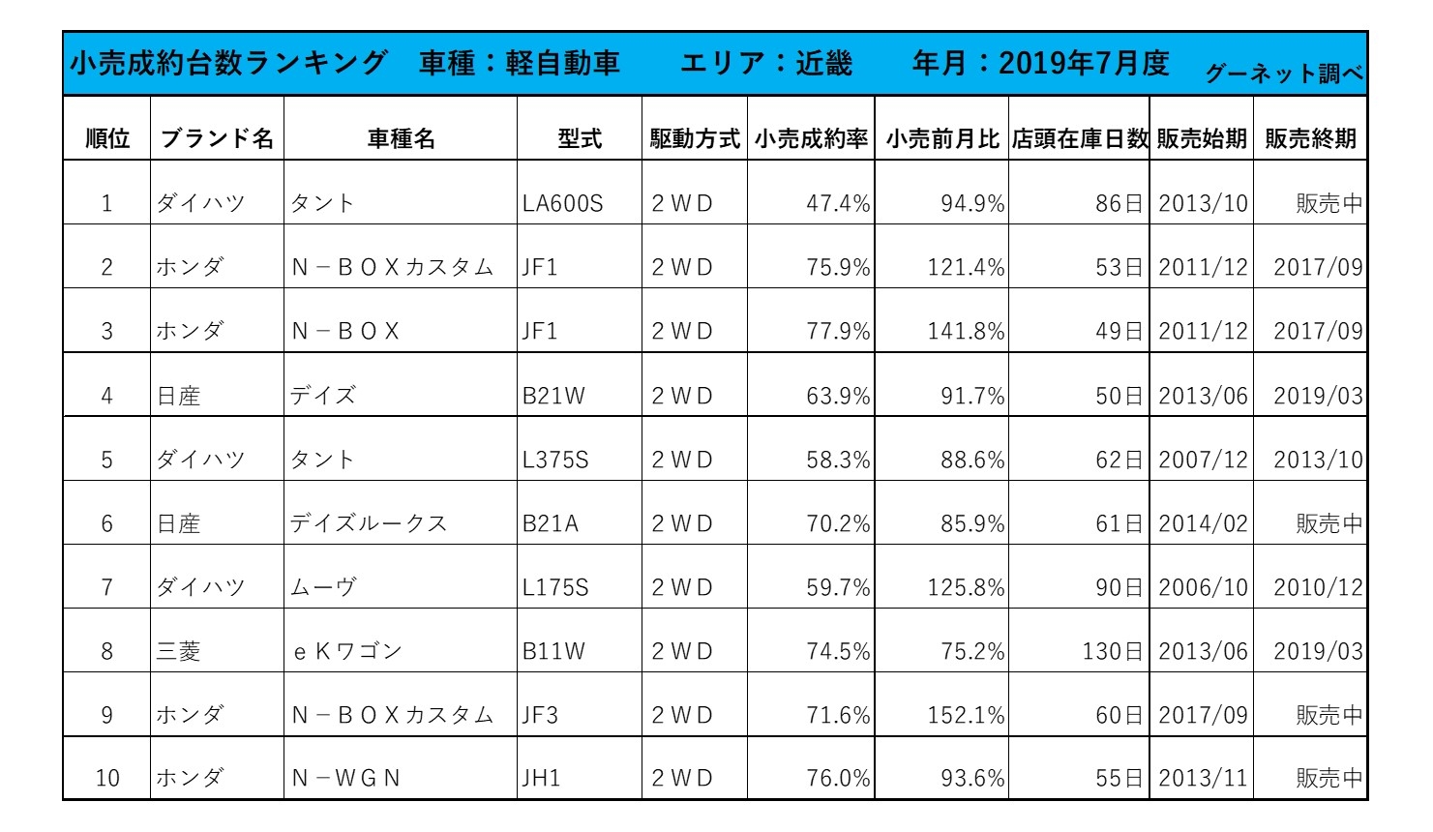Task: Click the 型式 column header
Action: click(x=580, y=139)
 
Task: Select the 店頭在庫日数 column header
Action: click(x=1079, y=139)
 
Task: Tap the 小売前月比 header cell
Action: click(x=941, y=139)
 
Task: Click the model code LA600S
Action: click(x=562, y=204)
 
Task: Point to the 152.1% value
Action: click(x=966, y=716)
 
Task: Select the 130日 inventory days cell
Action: click(x=1113, y=652)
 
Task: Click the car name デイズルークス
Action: click(x=369, y=524)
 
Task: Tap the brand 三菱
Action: click(x=179, y=652)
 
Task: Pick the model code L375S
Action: click(x=555, y=461)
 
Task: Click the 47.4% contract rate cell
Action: click(x=838, y=204)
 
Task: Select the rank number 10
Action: click(x=107, y=779)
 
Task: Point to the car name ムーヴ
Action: click(x=323, y=588)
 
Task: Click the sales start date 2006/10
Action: click(x=1203, y=588)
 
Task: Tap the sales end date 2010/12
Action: click(x=1318, y=588)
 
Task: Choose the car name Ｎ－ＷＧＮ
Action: click(x=345, y=779)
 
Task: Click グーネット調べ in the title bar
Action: click(x=1284, y=74)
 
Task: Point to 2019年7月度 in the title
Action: click(x=1084, y=64)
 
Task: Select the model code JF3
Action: click(x=540, y=716)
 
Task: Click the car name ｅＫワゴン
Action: click(x=346, y=652)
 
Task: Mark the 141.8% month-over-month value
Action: click(x=966, y=332)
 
